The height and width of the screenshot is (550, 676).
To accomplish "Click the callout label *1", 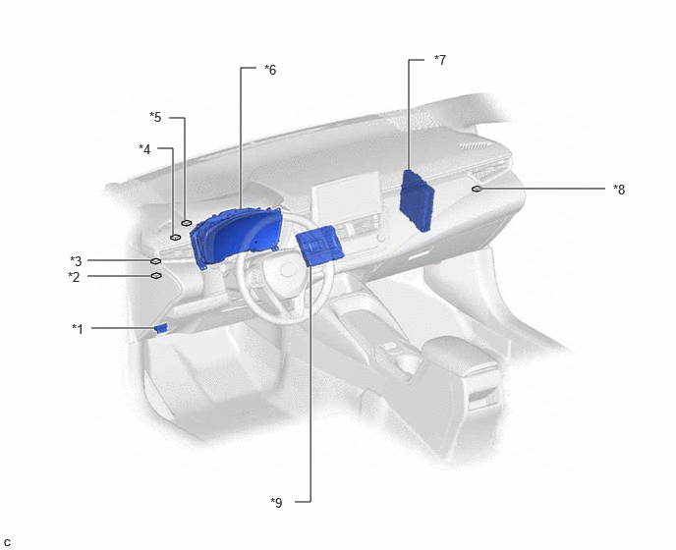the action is [78, 329].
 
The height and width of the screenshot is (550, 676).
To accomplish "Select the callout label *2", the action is [74, 277].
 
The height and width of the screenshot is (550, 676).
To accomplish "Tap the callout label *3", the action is [76, 261].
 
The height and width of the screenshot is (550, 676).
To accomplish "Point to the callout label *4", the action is [144, 149].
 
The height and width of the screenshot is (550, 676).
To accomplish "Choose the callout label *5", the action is [155, 117].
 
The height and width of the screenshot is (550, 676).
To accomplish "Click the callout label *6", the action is [270, 70].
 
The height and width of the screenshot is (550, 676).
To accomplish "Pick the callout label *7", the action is [440, 60].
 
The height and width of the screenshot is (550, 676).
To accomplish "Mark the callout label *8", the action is [619, 190].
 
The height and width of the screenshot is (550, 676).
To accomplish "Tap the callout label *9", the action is [276, 502].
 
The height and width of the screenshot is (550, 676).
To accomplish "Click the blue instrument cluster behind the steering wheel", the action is [236, 236].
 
